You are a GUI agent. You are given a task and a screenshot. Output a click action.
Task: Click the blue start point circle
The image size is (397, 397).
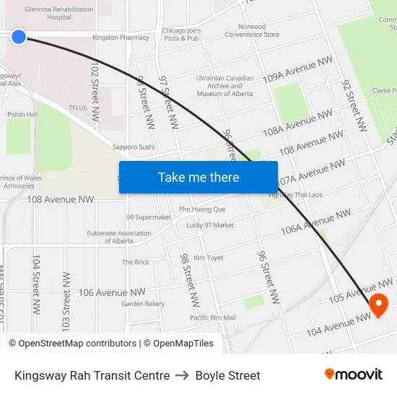[x=19, y=36]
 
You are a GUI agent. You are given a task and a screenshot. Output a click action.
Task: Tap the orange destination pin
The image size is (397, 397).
[x=378, y=305]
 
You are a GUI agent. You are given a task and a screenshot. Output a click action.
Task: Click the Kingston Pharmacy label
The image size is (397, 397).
[x=121, y=37]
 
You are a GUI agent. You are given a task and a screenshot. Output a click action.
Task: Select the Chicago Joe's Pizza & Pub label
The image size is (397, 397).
[x=180, y=35]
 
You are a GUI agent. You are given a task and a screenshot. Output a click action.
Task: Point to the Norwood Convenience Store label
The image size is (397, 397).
[x=251, y=30]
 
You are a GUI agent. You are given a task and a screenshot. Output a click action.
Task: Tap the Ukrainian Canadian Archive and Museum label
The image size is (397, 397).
[x=224, y=86]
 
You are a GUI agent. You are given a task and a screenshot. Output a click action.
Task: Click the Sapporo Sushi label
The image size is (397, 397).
[x=134, y=147]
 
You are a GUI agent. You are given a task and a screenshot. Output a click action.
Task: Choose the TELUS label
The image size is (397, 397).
[x=77, y=108]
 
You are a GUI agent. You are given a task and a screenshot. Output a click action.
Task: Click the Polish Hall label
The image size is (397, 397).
[x=22, y=114]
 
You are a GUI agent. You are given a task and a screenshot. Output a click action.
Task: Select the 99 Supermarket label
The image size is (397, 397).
[x=149, y=217]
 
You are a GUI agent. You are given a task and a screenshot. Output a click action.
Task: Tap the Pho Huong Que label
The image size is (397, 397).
[x=202, y=209]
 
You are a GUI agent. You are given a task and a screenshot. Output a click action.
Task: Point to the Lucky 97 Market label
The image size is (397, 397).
[x=210, y=225]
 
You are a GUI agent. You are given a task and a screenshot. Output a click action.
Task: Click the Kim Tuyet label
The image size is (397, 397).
[x=208, y=258]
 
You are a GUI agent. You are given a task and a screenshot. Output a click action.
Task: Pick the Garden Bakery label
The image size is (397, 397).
[x=143, y=304]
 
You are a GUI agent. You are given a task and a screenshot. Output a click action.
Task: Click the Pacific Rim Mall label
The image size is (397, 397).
[x=213, y=318]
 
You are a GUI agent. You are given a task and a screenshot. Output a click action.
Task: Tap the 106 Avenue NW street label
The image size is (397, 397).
[x=112, y=292]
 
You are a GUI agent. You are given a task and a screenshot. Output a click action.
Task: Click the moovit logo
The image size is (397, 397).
[x=353, y=375]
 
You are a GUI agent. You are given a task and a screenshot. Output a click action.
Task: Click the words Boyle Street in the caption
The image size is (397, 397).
[x=227, y=375]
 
